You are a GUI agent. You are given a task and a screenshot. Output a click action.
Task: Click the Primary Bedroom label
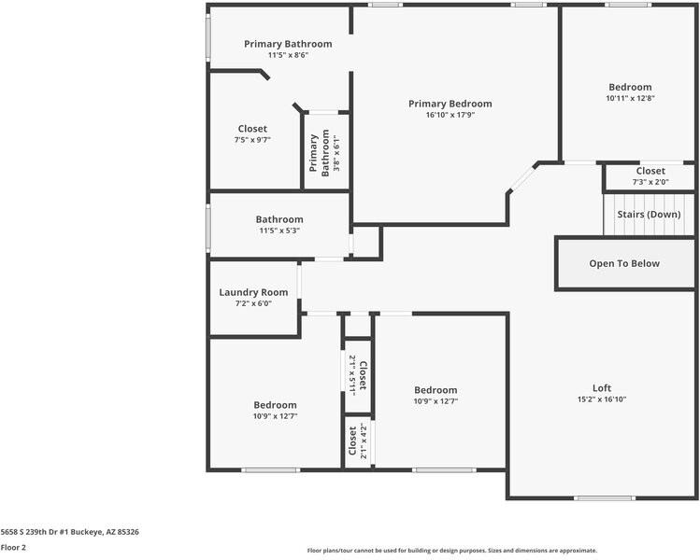450,104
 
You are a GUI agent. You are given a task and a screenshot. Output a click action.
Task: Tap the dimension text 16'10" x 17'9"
450,116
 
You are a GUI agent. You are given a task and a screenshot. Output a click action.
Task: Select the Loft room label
602,387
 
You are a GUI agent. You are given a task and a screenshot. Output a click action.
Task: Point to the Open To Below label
623,263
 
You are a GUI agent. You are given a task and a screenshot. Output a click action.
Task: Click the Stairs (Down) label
649,214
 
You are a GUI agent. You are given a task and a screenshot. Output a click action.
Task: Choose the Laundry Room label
253,292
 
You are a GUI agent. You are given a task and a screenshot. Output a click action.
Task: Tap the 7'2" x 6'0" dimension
252,303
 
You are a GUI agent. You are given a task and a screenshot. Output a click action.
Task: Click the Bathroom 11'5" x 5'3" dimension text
279,231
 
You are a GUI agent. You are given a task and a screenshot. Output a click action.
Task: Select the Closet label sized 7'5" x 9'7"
251,129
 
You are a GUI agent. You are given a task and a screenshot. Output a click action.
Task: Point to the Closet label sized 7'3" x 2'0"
650,171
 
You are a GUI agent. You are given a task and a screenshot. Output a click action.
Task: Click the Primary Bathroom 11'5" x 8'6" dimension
288,55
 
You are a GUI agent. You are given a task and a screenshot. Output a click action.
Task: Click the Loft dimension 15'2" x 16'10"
602,399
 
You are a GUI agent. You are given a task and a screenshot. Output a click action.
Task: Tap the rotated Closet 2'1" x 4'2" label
357,441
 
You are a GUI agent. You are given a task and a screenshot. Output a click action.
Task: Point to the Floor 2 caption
13,548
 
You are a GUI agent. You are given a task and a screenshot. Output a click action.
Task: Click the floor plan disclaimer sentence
451,551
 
